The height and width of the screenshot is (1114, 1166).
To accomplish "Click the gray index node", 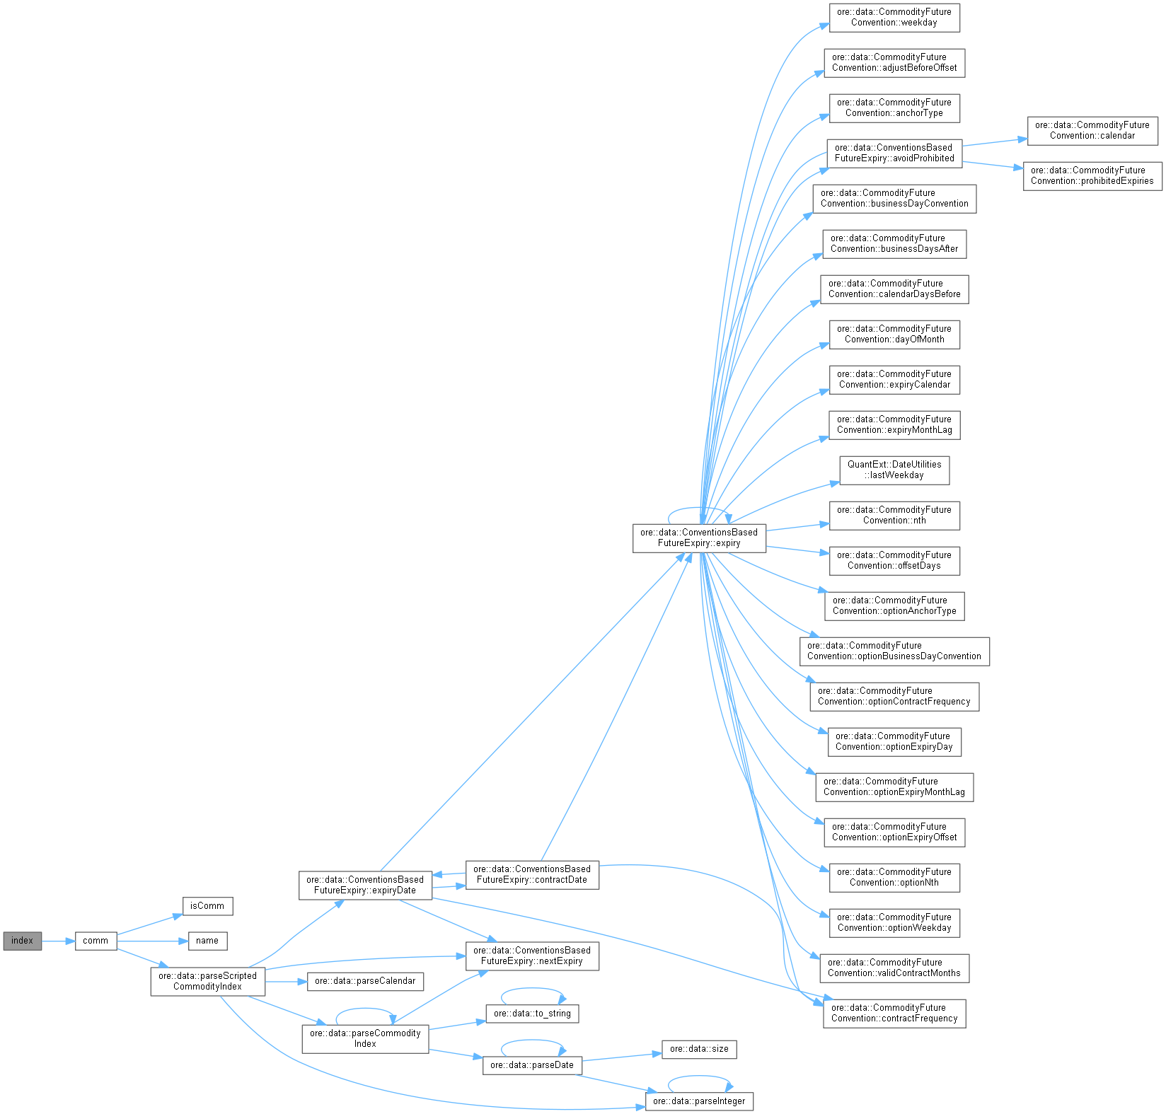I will click(22, 941).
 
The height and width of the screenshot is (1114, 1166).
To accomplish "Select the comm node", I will click(96, 941).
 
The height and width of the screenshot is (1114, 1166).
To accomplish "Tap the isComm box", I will click(207, 906).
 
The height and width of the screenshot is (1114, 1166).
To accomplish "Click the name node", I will click(207, 941).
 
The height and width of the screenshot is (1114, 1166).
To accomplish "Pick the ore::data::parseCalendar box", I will click(365, 982).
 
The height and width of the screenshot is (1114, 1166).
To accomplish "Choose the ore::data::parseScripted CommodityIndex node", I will click(207, 982).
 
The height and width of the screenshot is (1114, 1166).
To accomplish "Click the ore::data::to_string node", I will click(532, 1014).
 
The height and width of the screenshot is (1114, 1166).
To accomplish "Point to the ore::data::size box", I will click(699, 1049).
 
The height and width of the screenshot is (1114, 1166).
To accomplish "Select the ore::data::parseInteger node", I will click(699, 1101).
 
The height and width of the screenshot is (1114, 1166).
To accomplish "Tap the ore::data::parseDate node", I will click(532, 1065).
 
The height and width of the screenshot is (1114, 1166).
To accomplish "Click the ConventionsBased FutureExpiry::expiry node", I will click(699, 538).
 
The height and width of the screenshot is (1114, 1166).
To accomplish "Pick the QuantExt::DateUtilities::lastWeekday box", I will click(894, 470).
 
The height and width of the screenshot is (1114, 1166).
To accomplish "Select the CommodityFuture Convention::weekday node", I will click(894, 18).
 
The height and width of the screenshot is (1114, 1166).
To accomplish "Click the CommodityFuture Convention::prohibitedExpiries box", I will click(1092, 176).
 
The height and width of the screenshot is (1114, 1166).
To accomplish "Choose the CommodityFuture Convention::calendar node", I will click(1092, 131).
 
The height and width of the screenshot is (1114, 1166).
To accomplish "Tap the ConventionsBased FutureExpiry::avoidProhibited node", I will click(894, 153).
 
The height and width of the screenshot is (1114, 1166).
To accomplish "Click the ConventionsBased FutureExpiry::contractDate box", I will click(532, 875).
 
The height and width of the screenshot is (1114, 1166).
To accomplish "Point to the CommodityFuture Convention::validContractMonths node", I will click(894, 968).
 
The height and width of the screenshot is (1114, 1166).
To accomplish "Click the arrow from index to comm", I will click(58, 941).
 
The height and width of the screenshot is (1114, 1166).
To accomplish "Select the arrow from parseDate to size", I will click(621, 1057).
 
